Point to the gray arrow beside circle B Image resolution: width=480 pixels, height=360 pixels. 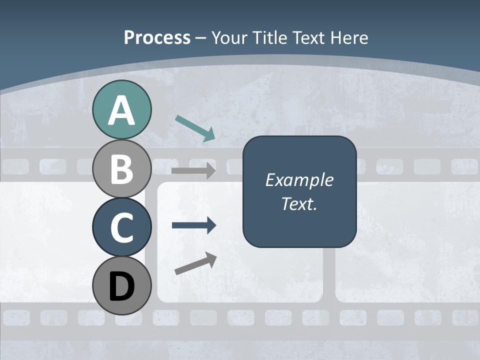(x=193, y=170)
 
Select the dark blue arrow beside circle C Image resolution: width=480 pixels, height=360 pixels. (x=193, y=225)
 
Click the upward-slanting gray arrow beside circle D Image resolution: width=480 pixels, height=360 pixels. (x=195, y=263)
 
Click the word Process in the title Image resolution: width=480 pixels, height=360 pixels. (x=157, y=37)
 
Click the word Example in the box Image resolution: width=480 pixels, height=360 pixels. (x=299, y=180)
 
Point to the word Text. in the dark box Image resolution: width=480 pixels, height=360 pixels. (x=299, y=204)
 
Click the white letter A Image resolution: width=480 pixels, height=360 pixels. (x=121, y=111)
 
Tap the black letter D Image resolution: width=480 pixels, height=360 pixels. (x=121, y=287)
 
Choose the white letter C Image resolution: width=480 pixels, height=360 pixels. (x=121, y=228)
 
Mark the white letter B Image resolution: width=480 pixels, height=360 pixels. (x=121, y=169)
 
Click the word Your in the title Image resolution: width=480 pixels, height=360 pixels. (x=229, y=37)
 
